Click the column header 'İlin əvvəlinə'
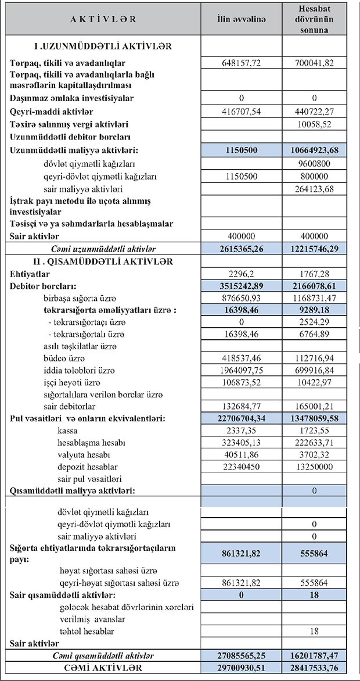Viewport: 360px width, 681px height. coord(240,19)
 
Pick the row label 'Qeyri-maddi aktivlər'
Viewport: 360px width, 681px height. coord(52,112)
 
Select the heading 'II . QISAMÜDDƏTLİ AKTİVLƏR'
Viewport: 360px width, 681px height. coord(103,261)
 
